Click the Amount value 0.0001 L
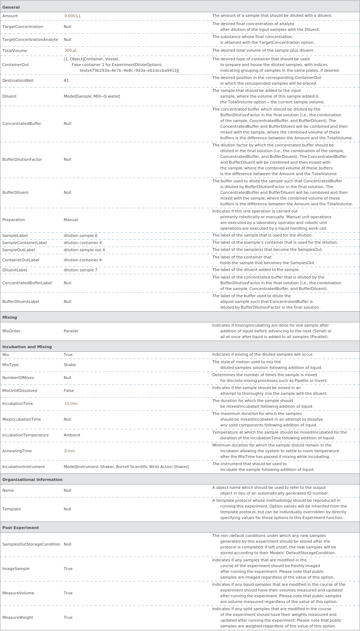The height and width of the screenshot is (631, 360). click(73, 16)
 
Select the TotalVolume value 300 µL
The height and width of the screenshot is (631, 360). click(71, 51)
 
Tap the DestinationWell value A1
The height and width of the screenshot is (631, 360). click(66, 81)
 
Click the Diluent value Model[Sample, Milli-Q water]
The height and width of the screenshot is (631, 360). click(92, 97)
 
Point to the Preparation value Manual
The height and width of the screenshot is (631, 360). click(71, 220)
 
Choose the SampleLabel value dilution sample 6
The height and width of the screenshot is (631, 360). click(80, 236)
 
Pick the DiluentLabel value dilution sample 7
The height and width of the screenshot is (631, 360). click(80, 270)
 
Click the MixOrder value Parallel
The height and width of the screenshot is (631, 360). click(71, 331)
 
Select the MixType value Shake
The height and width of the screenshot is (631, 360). click(70, 365)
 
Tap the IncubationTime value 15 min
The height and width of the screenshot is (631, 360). click(71, 404)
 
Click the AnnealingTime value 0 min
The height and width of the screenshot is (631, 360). click(70, 451)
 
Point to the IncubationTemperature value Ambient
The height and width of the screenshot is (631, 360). click(72, 435)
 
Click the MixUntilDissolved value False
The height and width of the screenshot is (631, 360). click(69, 391)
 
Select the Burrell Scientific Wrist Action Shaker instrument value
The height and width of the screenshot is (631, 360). click(126, 467)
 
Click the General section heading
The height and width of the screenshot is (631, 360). click(11, 8)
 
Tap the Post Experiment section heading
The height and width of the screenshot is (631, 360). click(20, 528)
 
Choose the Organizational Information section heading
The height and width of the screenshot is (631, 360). click(32, 480)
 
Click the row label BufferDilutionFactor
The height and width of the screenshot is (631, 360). click(22, 160)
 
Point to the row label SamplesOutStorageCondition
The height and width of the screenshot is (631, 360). click(31, 544)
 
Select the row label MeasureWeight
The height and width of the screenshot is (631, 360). click(18, 618)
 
